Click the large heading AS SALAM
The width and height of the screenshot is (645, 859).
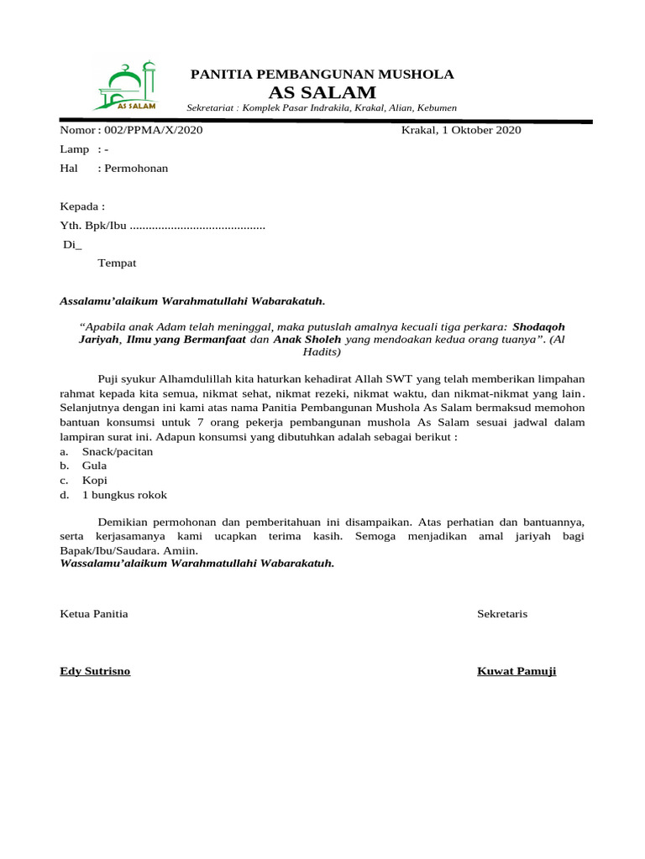point(322,92)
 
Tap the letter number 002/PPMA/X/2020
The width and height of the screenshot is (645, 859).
point(153,130)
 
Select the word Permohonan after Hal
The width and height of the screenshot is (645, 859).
point(135,168)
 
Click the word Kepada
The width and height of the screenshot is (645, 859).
point(82,206)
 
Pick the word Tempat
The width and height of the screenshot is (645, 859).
point(117,263)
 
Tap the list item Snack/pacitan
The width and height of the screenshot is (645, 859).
point(117,451)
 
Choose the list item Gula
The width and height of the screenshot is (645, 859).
point(94,466)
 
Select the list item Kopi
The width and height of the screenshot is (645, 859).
point(94,481)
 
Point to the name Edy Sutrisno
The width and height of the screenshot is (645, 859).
point(95,671)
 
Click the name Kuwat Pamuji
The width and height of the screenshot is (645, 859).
point(517,671)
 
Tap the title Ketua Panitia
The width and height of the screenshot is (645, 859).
point(94,614)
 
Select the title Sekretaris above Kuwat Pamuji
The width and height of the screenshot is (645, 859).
point(502,614)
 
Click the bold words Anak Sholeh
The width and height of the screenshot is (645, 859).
point(307,341)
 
